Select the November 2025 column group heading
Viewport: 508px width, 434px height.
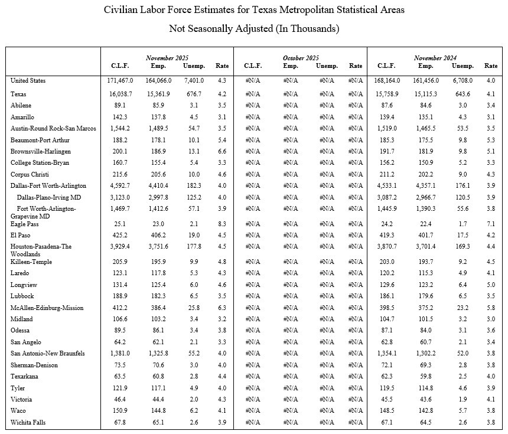tap(167, 58)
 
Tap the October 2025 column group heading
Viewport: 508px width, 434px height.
tap(299, 58)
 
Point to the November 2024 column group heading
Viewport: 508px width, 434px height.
tap(436, 58)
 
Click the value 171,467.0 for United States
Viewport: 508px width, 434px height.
tap(117, 80)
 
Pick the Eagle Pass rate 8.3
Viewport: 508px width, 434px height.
tap(222, 224)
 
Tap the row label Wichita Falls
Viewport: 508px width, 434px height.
tap(28, 422)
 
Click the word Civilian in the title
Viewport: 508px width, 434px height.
tap(123, 11)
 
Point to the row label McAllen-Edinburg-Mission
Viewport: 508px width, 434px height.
tap(47, 308)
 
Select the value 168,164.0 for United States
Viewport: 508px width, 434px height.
tap(388, 80)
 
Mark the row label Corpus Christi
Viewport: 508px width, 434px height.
tap(30, 175)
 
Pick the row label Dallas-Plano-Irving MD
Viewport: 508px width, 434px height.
tap(48, 197)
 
